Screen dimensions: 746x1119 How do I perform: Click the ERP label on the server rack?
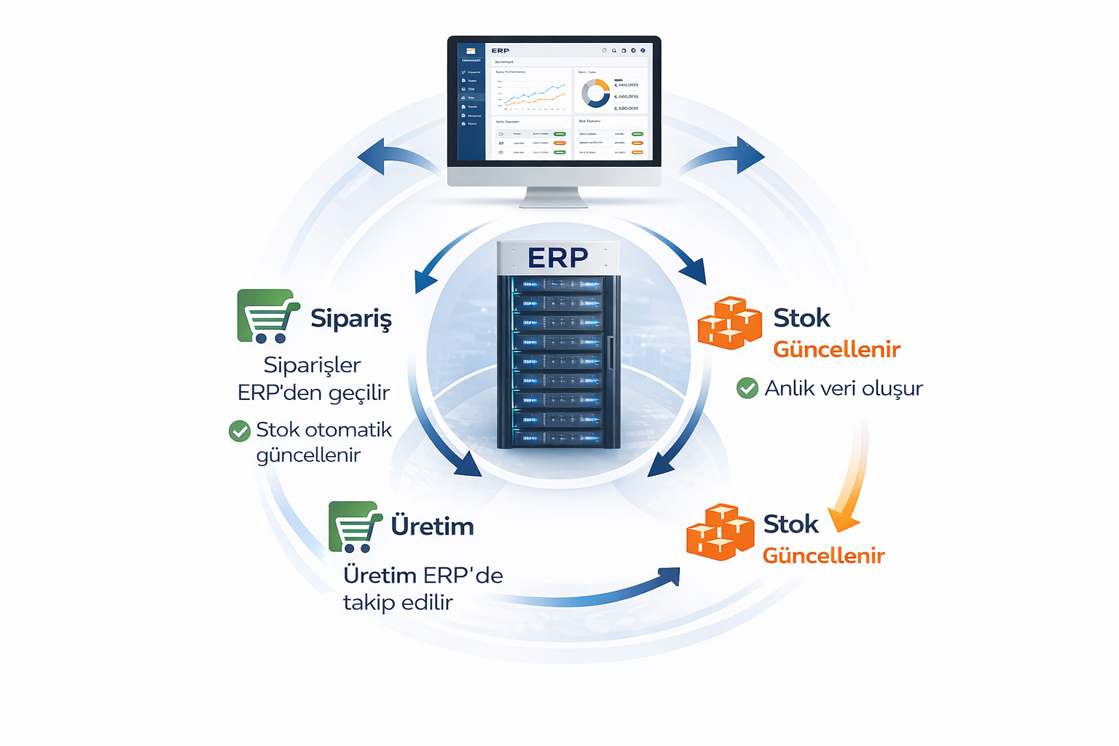coord(557,257)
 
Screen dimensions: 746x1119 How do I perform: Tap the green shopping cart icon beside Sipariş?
coord(267,316)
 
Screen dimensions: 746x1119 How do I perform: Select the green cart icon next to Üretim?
coord(355,526)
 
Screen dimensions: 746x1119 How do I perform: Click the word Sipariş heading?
coord(351,318)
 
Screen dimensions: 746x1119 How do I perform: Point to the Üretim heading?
coord(432,526)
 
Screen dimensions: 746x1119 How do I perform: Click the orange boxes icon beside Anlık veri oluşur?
coord(729,323)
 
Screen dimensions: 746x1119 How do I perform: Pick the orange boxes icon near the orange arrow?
coord(720,532)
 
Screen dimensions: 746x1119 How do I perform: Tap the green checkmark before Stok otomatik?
coord(240,431)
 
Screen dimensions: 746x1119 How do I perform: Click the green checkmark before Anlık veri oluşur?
coord(747,388)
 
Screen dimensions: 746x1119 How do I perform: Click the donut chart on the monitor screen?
coord(595,93)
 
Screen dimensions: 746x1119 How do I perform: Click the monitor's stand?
coord(553,197)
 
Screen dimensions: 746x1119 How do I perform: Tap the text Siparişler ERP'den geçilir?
coord(313,378)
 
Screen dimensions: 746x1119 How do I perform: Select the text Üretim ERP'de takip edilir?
coord(423,589)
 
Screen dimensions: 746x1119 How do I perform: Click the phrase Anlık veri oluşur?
coord(843,388)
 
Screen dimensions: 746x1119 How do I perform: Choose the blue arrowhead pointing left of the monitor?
coord(372,156)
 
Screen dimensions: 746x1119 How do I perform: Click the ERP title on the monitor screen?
coord(500,51)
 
